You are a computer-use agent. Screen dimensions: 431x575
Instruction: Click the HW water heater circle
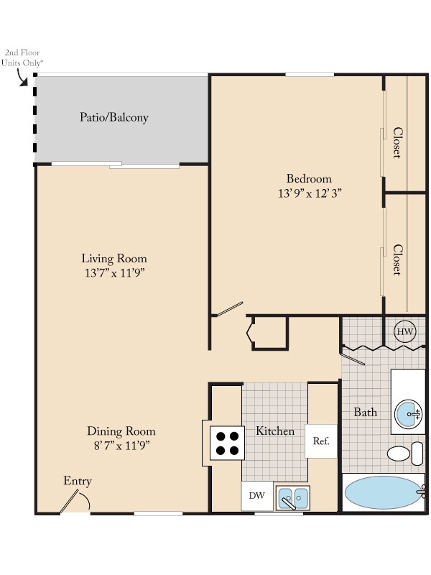point(405,332)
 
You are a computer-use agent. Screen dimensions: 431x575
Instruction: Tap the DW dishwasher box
point(257,496)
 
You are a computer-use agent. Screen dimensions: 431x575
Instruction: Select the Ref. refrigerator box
point(321,441)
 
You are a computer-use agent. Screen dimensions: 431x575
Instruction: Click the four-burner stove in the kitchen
point(227,443)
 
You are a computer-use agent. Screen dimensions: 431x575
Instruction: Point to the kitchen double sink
point(293,498)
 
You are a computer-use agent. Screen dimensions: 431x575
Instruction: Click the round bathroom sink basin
point(408,414)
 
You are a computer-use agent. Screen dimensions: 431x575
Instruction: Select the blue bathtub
point(383,492)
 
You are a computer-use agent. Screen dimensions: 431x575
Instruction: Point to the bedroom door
point(230,309)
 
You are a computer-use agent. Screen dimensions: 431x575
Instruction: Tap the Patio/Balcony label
point(114,117)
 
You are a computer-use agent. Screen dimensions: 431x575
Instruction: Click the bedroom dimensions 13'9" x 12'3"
point(310,193)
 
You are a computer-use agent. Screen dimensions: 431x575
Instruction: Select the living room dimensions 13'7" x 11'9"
point(114,273)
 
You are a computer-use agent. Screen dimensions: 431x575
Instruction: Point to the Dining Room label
point(121,431)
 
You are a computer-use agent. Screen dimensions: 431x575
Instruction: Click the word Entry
point(78,481)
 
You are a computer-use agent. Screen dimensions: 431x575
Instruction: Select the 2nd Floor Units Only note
point(22,57)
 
